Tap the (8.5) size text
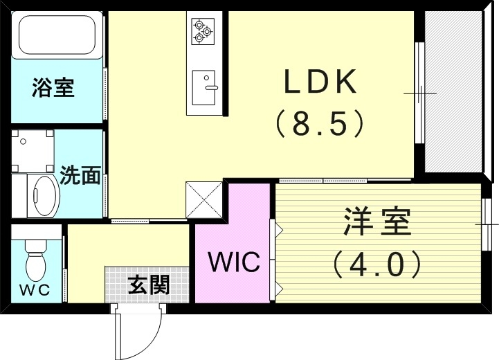click(319, 125)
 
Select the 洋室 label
click(377, 222)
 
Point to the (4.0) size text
click(377, 263)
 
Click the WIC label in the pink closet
click(234, 262)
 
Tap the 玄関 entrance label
click(148, 284)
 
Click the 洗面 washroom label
click(80, 175)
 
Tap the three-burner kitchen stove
click(203, 30)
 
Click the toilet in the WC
click(35, 260)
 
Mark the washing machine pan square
click(33, 152)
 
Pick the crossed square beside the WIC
click(204, 199)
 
